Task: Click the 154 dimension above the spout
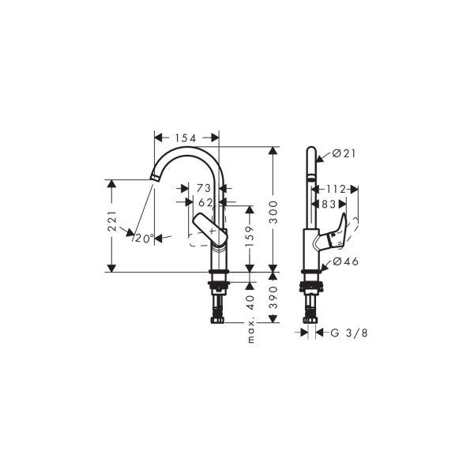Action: [x=185, y=138]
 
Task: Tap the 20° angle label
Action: [x=143, y=238]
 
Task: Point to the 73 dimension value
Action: [x=203, y=189]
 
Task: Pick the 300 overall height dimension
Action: [x=274, y=209]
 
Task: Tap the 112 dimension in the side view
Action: [x=337, y=189]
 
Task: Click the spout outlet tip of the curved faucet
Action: [x=154, y=179]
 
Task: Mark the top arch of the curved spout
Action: [x=187, y=149]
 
